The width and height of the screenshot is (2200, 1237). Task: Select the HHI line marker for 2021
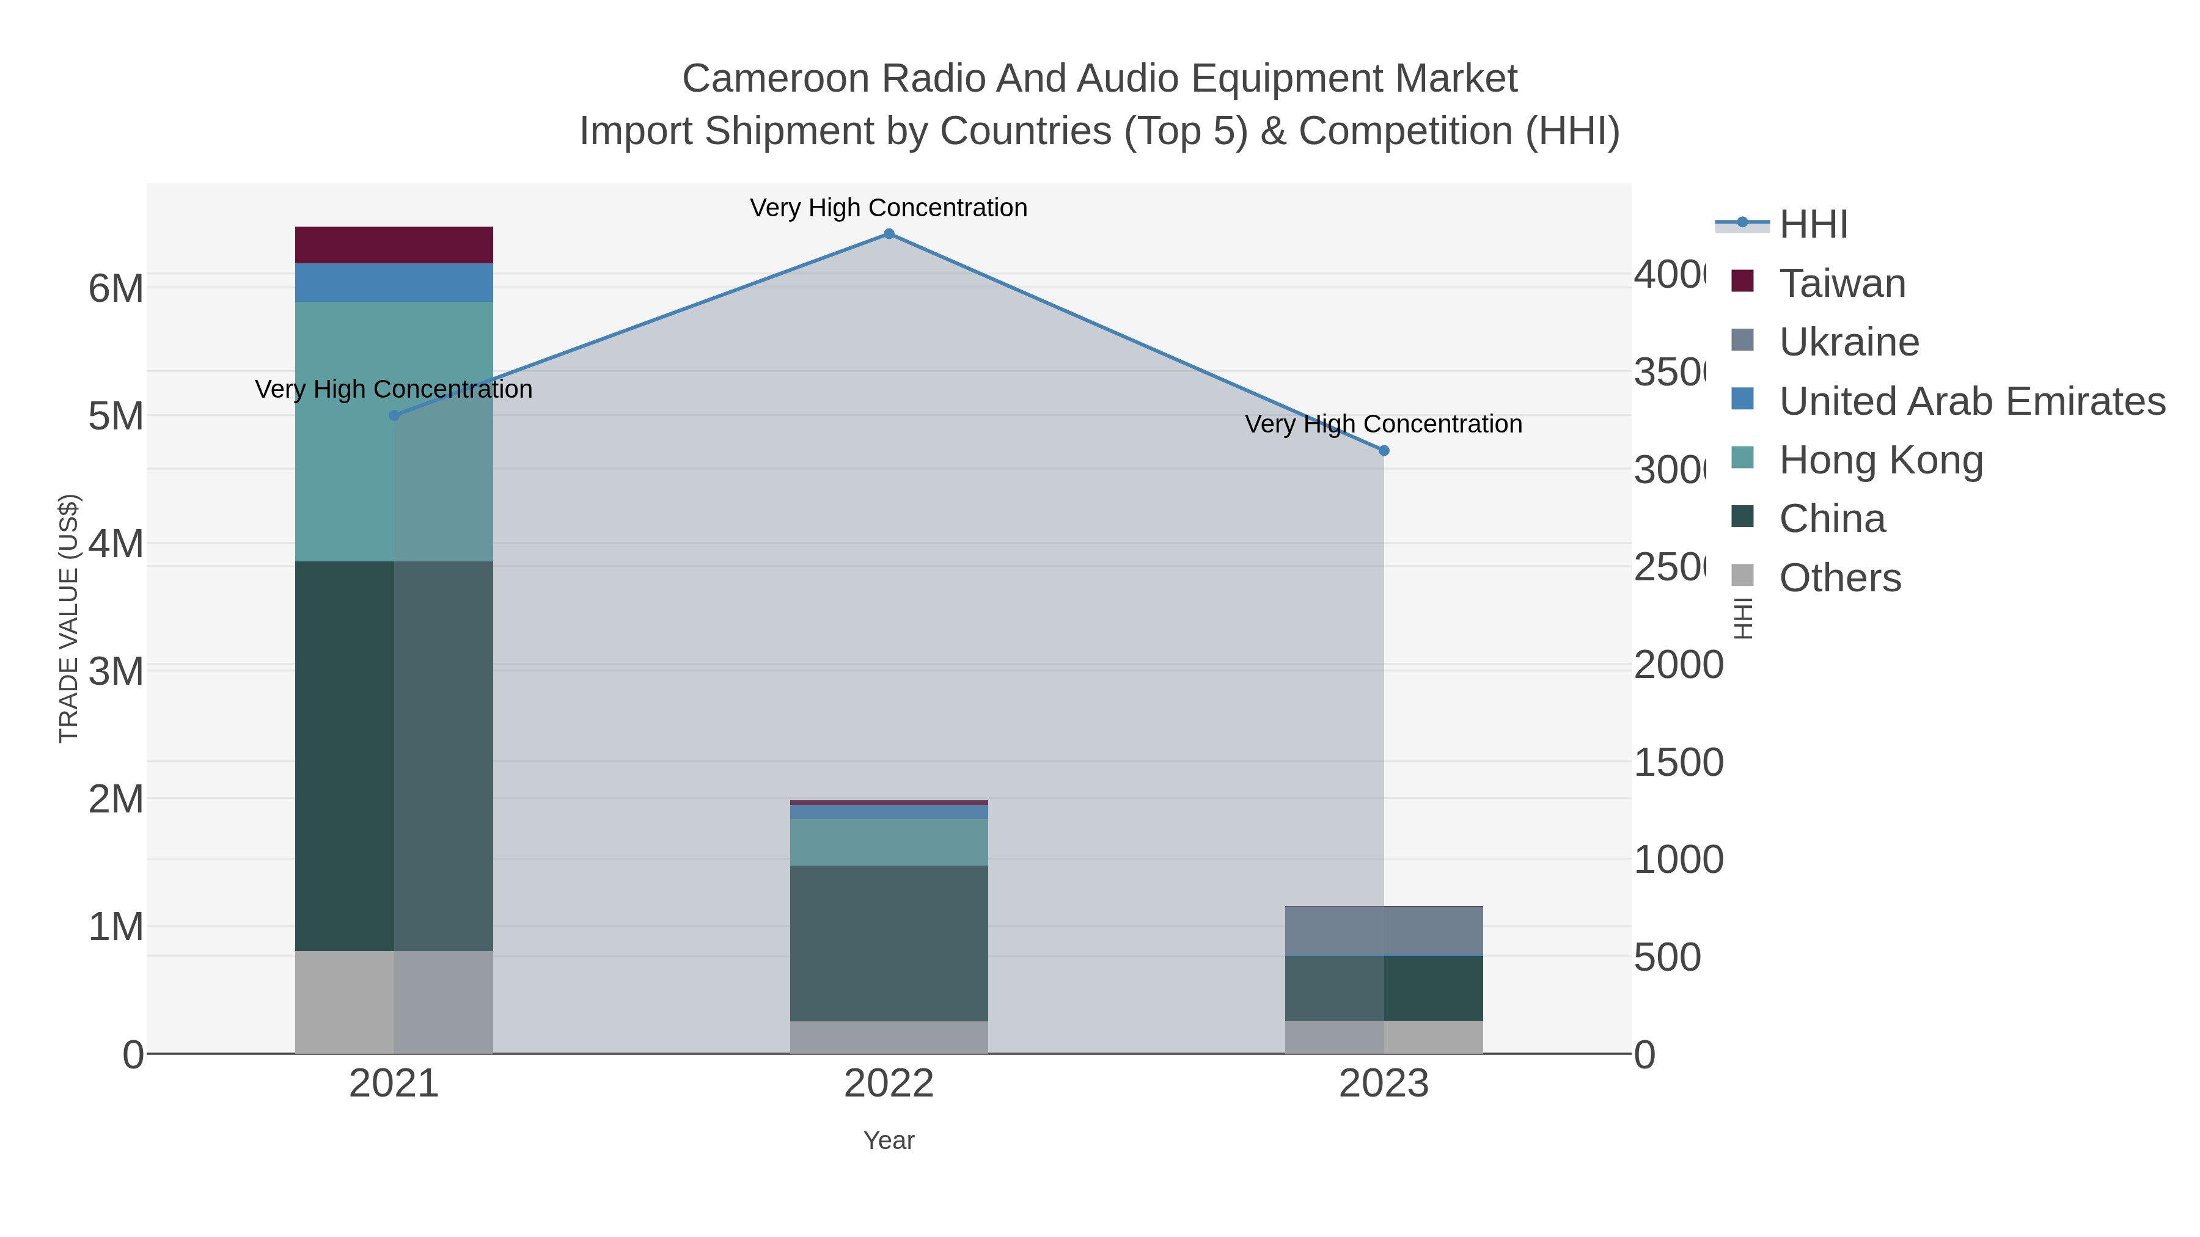tap(394, 416)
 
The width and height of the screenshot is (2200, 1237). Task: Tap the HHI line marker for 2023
tap(1384, 451)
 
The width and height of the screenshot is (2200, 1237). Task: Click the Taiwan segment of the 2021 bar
tap(394, 245)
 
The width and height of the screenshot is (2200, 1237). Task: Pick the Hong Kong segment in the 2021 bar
tap(394, 431)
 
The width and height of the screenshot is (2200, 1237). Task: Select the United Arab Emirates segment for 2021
tap(394, 283)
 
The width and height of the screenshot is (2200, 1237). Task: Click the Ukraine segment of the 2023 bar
tap(1384, 930)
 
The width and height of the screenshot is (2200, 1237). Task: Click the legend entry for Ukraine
tap(1849, 342)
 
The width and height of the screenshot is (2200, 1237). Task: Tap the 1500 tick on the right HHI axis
tap(1678, 762)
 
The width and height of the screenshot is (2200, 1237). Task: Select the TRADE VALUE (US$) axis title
tap(68, 618)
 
